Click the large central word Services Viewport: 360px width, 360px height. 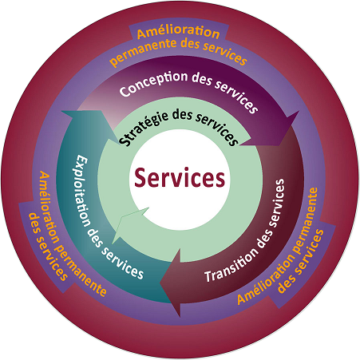click(180, 177)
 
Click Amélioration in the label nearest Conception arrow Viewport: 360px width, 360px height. click(178, 33)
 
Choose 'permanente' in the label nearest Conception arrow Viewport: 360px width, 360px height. click(143, 51)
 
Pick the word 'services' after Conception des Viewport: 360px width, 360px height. click(236, 97)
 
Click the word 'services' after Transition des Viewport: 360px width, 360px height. click(278, 203)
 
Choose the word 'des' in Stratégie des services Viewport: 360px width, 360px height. click(182, 115)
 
